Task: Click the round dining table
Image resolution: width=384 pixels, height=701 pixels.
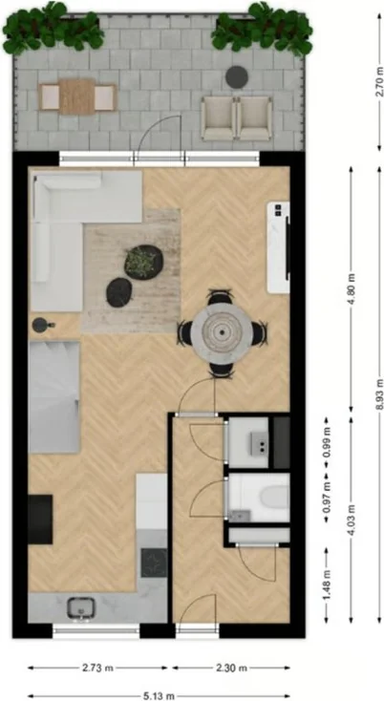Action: click(222, 332)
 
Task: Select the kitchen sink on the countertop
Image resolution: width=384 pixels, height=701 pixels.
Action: click(80, 605)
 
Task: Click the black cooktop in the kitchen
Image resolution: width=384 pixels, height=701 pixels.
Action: click(153, 562)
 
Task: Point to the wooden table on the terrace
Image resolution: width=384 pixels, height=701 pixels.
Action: click(77, 96)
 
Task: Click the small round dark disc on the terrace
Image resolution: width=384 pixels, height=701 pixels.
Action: click(236, 76)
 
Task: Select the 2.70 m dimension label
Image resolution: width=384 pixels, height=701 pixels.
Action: click(371, 83)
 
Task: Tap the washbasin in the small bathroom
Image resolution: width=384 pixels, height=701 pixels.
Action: click(257, 443)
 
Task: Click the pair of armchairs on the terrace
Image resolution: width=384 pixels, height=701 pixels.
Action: click(237, 116)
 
